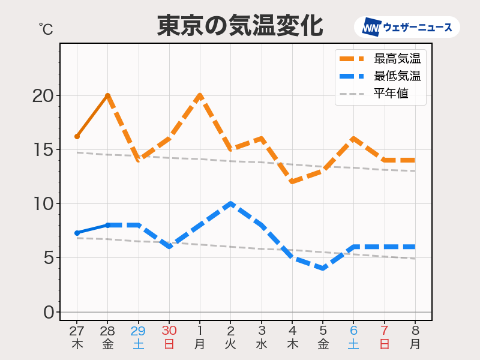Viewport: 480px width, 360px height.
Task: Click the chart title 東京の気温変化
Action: click(240, 26)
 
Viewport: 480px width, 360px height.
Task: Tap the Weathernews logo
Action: click(407, 27)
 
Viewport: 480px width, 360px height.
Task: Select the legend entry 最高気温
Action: click(397, 59)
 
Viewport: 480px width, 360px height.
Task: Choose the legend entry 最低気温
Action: click(397, 76)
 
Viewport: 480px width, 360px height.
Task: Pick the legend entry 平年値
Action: click(391, 94)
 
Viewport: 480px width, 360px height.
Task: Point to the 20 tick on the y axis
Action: click(43, 96)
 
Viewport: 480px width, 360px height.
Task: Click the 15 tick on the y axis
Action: click(43, 150)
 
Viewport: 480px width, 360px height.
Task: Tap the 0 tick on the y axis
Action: click(49, 313)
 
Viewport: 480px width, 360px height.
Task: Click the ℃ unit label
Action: click(46, 28)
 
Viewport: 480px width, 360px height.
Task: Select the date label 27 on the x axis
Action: click(76, 331)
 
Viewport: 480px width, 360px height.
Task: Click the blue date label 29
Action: click(138, 331)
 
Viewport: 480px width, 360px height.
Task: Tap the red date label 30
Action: click(169, 331)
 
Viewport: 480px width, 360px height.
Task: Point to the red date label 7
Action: click(384, 331)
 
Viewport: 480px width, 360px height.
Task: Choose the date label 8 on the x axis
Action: click(415, 331)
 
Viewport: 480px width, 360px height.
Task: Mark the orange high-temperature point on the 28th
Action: click(107, 95)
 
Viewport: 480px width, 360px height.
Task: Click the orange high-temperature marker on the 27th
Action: click(77, 137)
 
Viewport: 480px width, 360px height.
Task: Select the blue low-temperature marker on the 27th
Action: click(77, 233)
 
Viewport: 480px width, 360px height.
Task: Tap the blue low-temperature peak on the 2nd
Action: click(231, 204)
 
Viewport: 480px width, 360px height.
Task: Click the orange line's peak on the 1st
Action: click(200, 95)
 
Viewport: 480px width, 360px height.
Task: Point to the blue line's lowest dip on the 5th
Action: click(323, 268)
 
